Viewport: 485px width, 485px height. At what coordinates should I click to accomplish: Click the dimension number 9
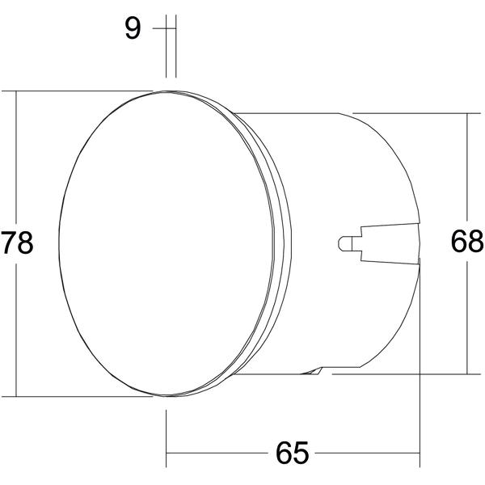133,28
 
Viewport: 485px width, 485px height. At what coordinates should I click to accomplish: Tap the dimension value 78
17,242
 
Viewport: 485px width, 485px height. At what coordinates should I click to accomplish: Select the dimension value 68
466,241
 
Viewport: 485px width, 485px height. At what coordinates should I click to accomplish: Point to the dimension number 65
292,453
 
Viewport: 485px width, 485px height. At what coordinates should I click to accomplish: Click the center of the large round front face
167,243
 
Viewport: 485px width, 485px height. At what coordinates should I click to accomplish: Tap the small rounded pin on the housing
346,244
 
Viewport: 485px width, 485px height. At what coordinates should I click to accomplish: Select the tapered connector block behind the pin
390,244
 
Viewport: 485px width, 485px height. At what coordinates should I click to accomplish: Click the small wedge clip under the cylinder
312,371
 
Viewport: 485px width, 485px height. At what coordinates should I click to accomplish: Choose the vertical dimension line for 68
467,244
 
